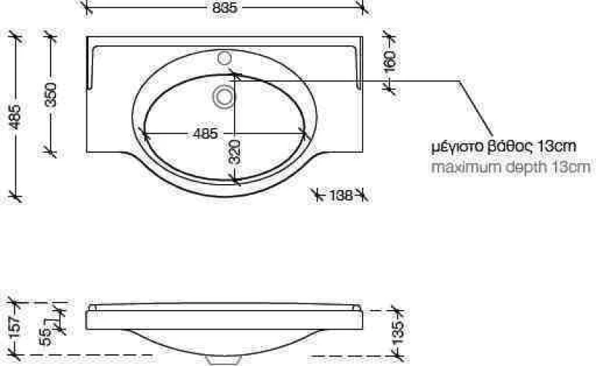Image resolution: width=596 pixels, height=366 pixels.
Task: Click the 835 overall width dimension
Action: [x=225, y=7]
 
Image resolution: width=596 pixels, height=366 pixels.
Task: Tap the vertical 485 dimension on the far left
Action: [x=15, y=116]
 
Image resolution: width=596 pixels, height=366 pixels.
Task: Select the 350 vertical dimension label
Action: [x=50, y=95]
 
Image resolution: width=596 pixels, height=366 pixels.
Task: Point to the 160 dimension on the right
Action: [x=390, y=62]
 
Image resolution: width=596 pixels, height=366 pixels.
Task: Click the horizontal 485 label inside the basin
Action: [x=206, y=133]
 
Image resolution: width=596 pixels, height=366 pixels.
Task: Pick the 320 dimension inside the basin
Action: [x=235, y=152]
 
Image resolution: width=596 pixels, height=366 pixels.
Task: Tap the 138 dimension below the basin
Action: [x=340, y=195]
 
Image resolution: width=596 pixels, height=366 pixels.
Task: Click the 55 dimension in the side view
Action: [x=45, y=337]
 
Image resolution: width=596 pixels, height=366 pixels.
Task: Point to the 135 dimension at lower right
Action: [x=398, y=333]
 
